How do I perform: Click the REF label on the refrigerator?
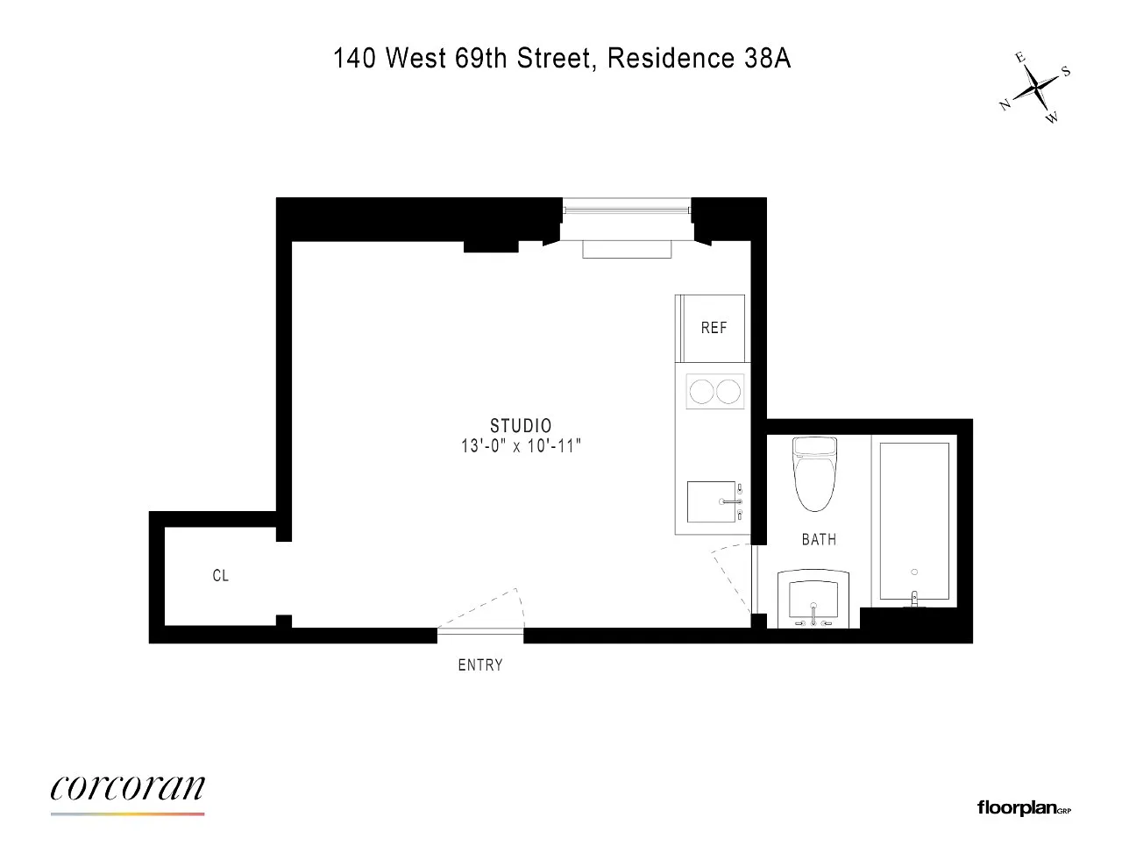tap(714, 327)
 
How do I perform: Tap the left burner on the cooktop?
tap(701, 391)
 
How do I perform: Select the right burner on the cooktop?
tap(728, 391)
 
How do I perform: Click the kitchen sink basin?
tap(711, 502)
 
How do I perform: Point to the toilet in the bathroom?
tap(815, 474)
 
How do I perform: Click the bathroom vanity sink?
tap(813, 599)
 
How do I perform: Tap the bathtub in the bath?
tap(914, 522)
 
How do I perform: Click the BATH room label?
tap(819, 540)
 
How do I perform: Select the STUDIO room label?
tap(521, 425)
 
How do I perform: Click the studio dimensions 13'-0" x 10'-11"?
tap(521, 445)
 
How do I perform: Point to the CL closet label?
tap(221, 575)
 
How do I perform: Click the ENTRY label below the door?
tap(480, 664)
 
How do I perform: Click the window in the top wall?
tap(627, 210)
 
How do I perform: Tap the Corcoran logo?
tap(127, 793)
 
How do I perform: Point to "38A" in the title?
tap(767, 58)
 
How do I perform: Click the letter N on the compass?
tap(1005, 105)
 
